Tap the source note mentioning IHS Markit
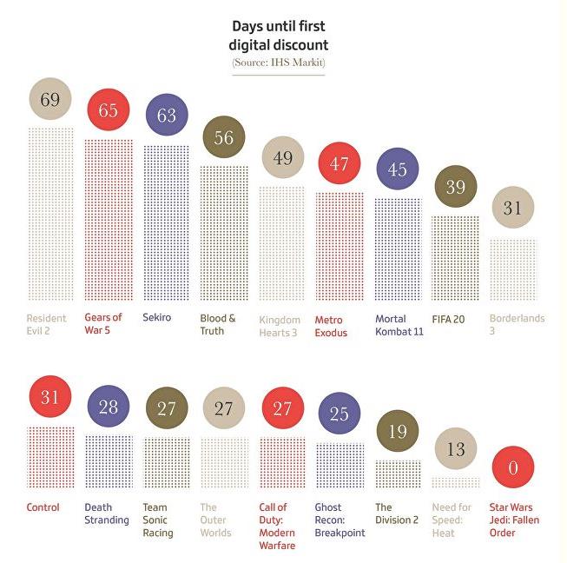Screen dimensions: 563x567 pos(279,63)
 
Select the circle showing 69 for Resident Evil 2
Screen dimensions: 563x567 pos(49,100)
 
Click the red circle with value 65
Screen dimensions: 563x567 pos(108,111)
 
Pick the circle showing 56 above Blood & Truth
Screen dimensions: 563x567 pos(223,137)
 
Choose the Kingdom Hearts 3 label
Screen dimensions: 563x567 pos(280,326)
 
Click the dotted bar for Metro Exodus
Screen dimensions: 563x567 pos(339,247)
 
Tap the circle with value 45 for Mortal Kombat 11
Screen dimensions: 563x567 pos(397,169)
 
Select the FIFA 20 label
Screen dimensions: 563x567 pos(448,319)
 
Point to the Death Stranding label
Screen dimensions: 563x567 pos(107,513)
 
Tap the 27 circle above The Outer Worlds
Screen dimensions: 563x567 pos(223,407)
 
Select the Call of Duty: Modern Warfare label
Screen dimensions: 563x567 pos(278,526)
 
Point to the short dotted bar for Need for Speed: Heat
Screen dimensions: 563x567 pos(455,482)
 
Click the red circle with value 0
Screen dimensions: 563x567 pos(512,468)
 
